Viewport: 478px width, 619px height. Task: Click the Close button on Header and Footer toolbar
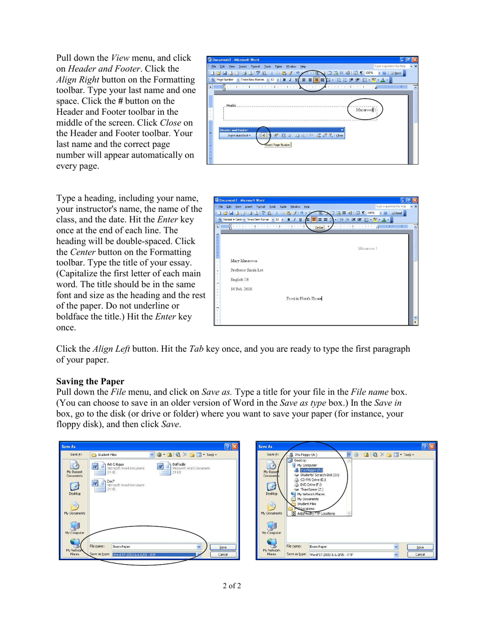pos(340,135)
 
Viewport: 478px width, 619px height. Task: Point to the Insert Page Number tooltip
pos(278,145)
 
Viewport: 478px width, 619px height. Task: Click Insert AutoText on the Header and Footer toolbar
pos(239,135)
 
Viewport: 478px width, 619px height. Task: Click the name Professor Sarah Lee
pos(247,270)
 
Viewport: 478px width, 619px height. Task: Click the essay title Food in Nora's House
pos(304,298)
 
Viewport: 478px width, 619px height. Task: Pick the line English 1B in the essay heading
pos(239,279)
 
